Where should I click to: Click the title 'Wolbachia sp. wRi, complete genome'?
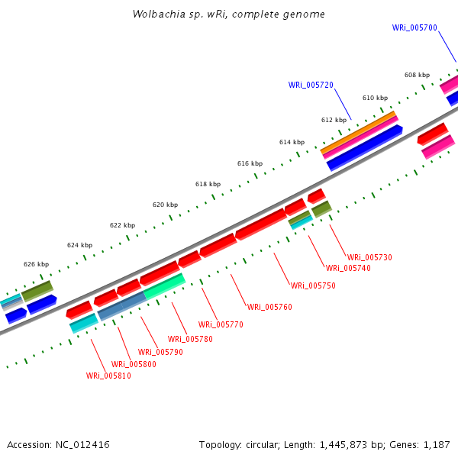228,15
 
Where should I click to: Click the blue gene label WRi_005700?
414,27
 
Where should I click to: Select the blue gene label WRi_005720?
311,85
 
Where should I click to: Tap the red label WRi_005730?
369,257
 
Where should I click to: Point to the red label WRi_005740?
348,268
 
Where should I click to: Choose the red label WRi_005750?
313,285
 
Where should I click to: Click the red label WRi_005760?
269,307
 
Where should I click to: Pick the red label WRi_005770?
221,324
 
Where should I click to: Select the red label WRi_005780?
190,339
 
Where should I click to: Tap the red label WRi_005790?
160,352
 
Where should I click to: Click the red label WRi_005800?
134,364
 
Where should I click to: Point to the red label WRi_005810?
108,376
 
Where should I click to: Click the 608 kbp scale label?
417,75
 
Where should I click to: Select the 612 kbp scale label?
334,120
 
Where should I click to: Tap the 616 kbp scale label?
250,163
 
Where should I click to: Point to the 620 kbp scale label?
165,205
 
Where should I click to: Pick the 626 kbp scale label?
36,264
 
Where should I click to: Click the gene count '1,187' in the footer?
436,444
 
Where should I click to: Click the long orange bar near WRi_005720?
359,131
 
